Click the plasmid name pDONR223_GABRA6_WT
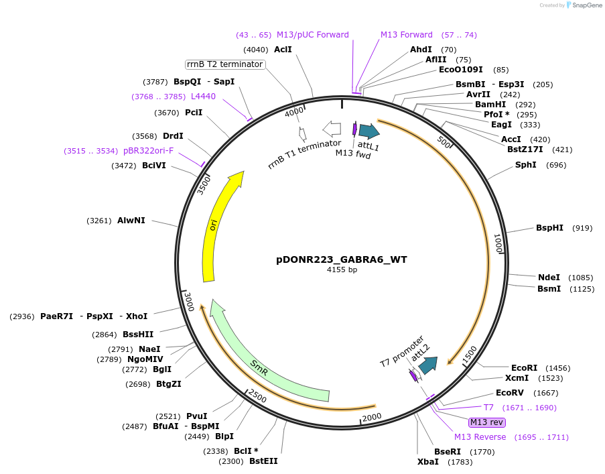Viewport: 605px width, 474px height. [x=342, y=259]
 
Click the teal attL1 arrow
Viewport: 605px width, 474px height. [x=368, y=131]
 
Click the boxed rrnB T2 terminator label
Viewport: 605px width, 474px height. [x=224, y=64]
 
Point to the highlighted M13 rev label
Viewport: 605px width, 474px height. [x=487, y=422]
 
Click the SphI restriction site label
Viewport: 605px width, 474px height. [x=525, y=165]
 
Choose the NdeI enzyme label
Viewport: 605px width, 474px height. [x=549, y=278]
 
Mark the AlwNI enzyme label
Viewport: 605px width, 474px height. [x=131, y=221]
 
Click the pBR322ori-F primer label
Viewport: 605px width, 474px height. [x=148, y=151]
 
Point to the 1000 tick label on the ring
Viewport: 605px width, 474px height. [x=498, y=244]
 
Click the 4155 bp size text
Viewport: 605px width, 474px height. [x=342, y=270]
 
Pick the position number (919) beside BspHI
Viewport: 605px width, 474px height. [x=582, y=228]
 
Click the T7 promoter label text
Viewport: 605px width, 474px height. [x=402, y=351]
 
